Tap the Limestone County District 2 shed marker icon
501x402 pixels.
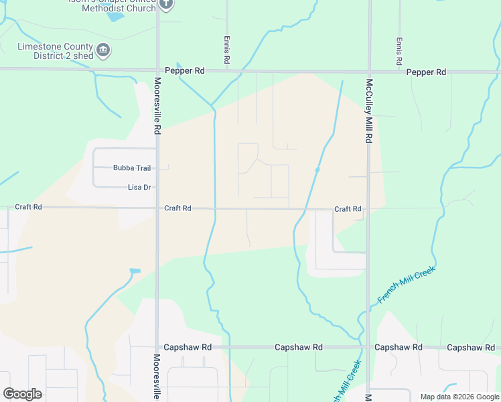(x=103, y=51)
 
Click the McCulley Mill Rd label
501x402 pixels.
(x=368, y=111)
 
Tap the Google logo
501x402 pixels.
(x=22, y=393)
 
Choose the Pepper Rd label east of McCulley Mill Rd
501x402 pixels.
(x=426, y=72)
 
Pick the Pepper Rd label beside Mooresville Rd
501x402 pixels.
(x=184, y=70)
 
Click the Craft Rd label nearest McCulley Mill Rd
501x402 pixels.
(x=348, y=209)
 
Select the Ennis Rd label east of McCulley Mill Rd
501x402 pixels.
(x=399, y=51)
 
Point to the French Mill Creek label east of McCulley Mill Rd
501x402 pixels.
(x=407, y=284)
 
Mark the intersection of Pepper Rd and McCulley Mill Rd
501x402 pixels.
(x=368, y=70)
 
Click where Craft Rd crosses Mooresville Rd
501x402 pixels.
(x=157, y=208)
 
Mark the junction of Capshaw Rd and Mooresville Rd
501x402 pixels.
(x=157, y=347)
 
